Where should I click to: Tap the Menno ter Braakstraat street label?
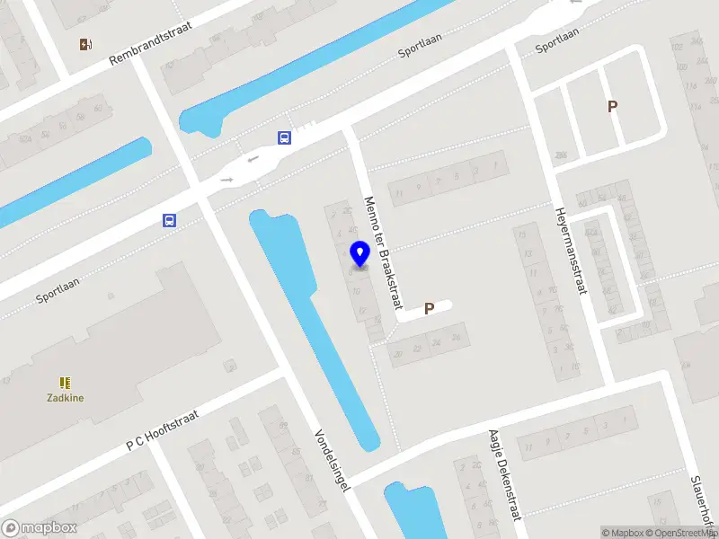point(382,253)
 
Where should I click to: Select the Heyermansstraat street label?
point(572,249)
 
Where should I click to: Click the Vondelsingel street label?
point(332,459)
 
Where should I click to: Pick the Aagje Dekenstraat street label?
point(504,486)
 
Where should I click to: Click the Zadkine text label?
point(66,397)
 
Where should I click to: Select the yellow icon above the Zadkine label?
point(65,383)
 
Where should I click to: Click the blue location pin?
point(359,253)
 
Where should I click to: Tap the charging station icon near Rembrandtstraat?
point(85,44)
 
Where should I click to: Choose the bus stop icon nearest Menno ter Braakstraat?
point(284,137)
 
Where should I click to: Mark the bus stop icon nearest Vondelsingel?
point(169,220)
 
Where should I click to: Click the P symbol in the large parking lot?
point(613,106)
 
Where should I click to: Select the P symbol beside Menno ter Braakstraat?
point(430,308)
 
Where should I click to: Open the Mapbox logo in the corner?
point(40,528)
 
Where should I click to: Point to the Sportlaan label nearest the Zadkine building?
point(58,289)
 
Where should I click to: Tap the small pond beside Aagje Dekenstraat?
point(408,509)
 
